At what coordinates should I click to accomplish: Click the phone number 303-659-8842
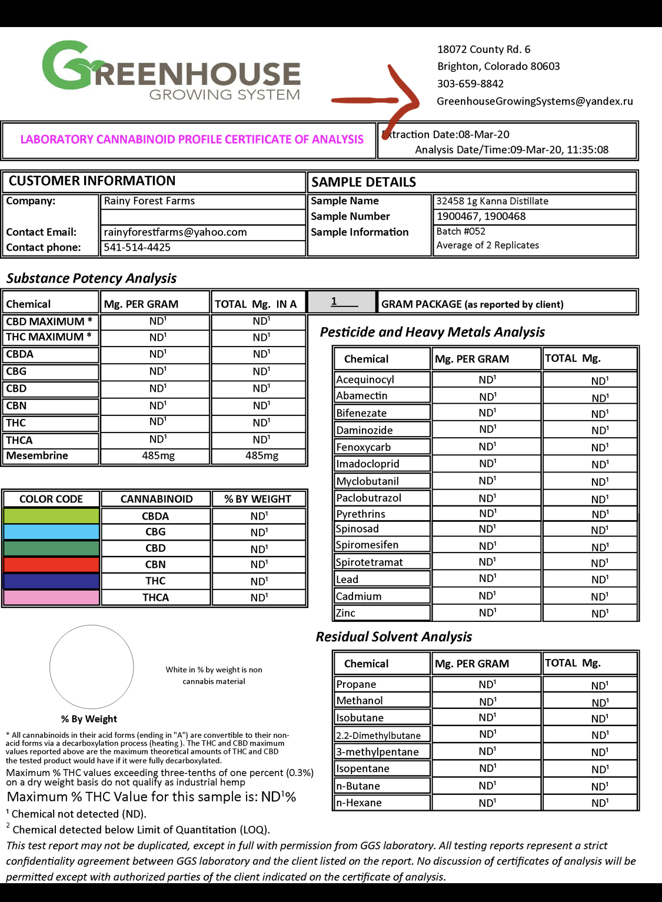tap(470, 84)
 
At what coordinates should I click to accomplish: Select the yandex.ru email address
tap(534, 101)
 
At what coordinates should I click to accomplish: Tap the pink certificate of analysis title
tap(192, 139)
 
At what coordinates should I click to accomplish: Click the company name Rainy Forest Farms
tap(149, 201)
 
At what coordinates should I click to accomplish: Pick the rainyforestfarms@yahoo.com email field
tap(175, 232)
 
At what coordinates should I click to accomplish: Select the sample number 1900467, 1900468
tap(481, 216)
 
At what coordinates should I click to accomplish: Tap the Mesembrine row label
tap(37, 455)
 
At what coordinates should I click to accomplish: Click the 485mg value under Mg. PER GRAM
tap(158, 455)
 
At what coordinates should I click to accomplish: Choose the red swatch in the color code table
tap(51, 565)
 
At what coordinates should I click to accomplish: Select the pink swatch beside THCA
tap(51, 597)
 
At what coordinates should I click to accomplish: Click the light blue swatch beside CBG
tap(51, 532)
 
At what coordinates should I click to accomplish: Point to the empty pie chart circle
tap(92, 667)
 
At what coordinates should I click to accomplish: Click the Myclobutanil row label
tap(367, 481)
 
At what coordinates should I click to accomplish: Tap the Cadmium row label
tap(358, 596)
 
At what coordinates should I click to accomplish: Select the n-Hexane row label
tap(358, 803)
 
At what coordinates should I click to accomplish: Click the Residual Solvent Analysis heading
tap(394, 637)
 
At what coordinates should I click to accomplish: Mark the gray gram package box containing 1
tap(341, 302)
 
